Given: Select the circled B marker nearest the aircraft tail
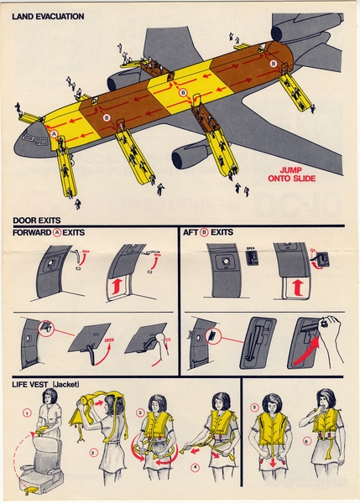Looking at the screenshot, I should (x=273, y=64).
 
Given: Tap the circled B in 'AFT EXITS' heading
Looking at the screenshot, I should (x=215, y=233).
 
